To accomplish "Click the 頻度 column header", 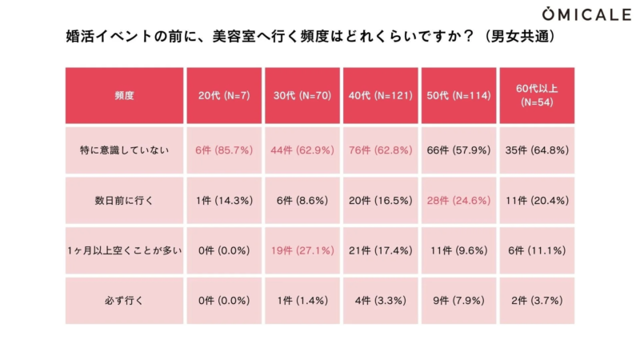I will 124,95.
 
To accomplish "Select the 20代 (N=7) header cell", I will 224,95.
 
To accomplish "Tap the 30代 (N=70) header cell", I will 302,95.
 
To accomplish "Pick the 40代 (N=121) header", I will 380,95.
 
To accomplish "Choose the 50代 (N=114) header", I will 458,95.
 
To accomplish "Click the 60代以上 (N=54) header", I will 537,95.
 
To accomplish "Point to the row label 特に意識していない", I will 124,150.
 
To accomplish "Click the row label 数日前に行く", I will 124,201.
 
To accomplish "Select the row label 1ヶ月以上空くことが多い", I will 124,251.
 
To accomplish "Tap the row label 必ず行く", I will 124,302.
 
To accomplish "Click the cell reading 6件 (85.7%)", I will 224,150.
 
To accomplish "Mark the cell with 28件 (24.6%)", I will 458,201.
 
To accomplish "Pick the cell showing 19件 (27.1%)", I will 302,251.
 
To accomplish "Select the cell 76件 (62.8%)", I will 380,150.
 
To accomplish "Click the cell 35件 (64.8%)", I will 537,150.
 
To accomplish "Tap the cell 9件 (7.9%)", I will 458,302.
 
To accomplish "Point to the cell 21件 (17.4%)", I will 380,251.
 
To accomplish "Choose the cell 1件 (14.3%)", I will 224,201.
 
